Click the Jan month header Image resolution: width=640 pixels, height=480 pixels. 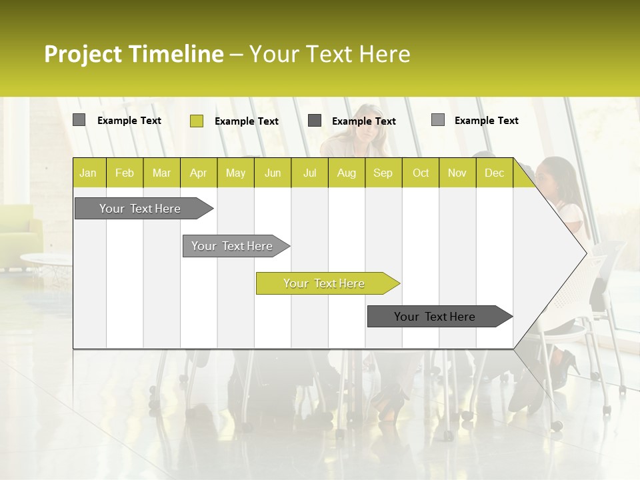[x=88, y=173]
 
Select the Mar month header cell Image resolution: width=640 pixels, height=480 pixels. [x=161, y=173]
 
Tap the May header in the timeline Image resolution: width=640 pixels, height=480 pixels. [x=235, y=173]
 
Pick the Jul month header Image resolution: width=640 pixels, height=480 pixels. [x=309, y=173]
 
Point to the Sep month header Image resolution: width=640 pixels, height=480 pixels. [x=383, y=173]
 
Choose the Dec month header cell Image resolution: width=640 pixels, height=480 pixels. [x=494, y=173]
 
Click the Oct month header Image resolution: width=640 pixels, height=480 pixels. [x=421, y=173]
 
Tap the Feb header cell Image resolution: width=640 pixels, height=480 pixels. [x=125, y=173]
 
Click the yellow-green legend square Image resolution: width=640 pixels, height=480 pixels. [x=196, y=121]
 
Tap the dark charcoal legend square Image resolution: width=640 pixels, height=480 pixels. [x=315, y=120]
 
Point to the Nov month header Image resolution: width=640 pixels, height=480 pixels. [x=457, y=173]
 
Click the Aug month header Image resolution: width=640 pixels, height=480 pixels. [x=346, y=173]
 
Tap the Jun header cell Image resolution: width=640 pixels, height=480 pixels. [x=273, y=173]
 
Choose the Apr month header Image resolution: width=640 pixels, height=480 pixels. [x=198, y=173]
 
